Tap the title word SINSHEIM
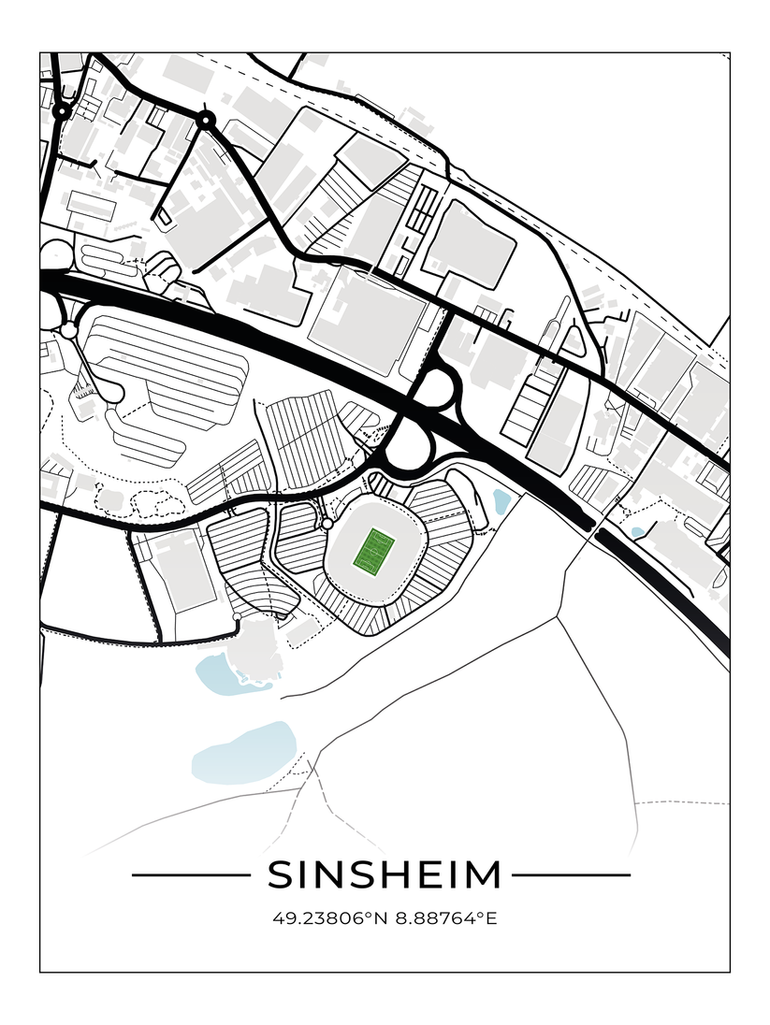(x=385, y=875)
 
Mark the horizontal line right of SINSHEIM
(x=571, y=876)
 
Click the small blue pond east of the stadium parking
(x=501, y=502)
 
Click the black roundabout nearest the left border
(x=62, y=111)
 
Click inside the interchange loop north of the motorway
(x=433, y=387)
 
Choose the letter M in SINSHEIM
(x=482, y=875)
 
